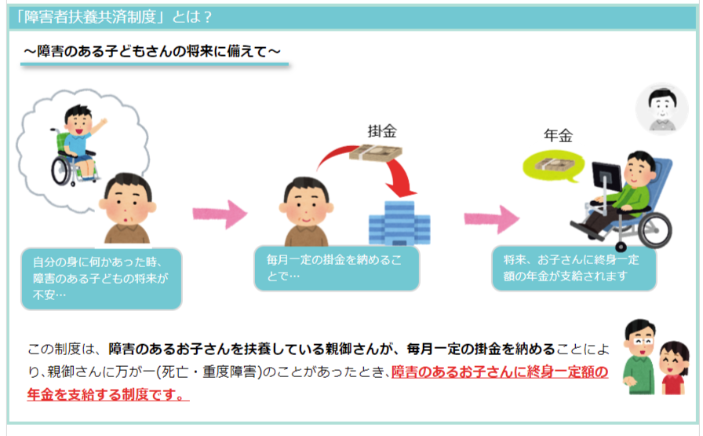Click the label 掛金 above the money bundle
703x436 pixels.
tap(382, 131)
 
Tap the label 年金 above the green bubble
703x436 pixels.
tap(558, 135)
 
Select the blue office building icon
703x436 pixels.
tap(399, 223)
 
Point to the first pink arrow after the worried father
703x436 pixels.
tap(220, 214)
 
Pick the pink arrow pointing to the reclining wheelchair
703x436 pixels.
tap(491, 219)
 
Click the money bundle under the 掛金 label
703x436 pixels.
tap(376, 152)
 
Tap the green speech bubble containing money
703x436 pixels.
tap(554, 166)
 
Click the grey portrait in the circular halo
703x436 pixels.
tap(661, 108)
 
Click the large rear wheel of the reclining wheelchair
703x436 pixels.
tap(654, 230)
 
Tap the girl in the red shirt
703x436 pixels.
tap(672, 368)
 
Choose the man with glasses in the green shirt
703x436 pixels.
tap(639, 357)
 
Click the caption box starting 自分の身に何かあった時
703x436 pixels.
tap(101, 278)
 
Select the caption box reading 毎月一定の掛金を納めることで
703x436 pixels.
tap(337, 268)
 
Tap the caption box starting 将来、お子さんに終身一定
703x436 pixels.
tap(574, 268)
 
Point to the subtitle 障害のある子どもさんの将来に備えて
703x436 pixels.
tap(152, 51)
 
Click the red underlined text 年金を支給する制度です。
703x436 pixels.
tap(108, 394)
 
